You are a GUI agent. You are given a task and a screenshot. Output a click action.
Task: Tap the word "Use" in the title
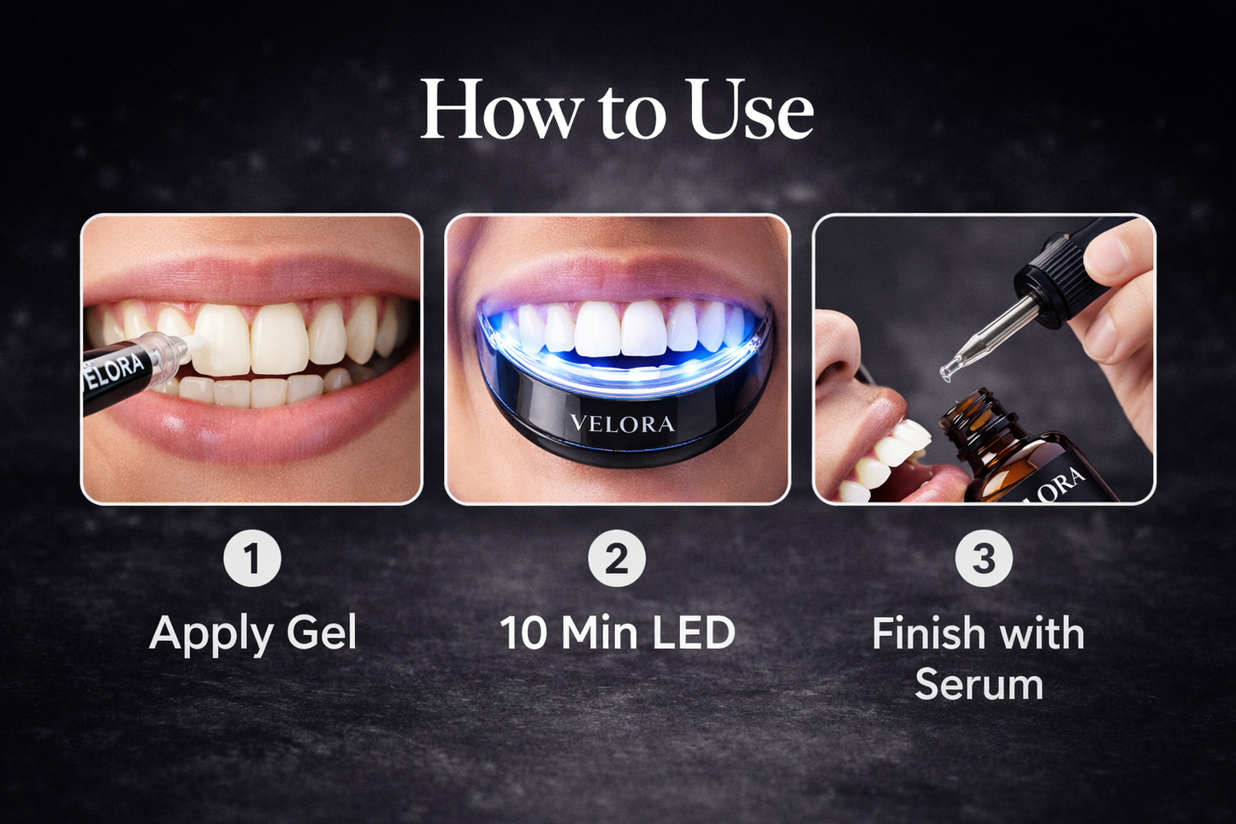coord(750,111)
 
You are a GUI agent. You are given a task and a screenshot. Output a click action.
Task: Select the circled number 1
coord(252,559)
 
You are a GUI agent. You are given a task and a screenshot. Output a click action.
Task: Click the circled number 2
coord(617,559)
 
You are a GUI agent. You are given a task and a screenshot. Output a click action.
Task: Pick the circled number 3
coord(984,559)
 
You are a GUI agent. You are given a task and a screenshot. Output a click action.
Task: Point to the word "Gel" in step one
coord(322,634)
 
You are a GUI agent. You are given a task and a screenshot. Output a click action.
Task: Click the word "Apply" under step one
coord(211,636)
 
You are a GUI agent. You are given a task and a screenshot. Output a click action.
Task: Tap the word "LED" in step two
coord(694,634)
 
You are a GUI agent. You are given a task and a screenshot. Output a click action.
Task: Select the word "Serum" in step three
coord(979,685)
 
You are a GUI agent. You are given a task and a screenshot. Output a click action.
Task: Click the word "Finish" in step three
coord(929,634)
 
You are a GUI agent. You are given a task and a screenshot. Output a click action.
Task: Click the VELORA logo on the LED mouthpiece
coord(622,424)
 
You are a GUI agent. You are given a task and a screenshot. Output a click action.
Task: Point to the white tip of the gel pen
coord(194,341)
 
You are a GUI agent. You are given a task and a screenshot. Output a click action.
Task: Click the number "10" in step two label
coord(523,634)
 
